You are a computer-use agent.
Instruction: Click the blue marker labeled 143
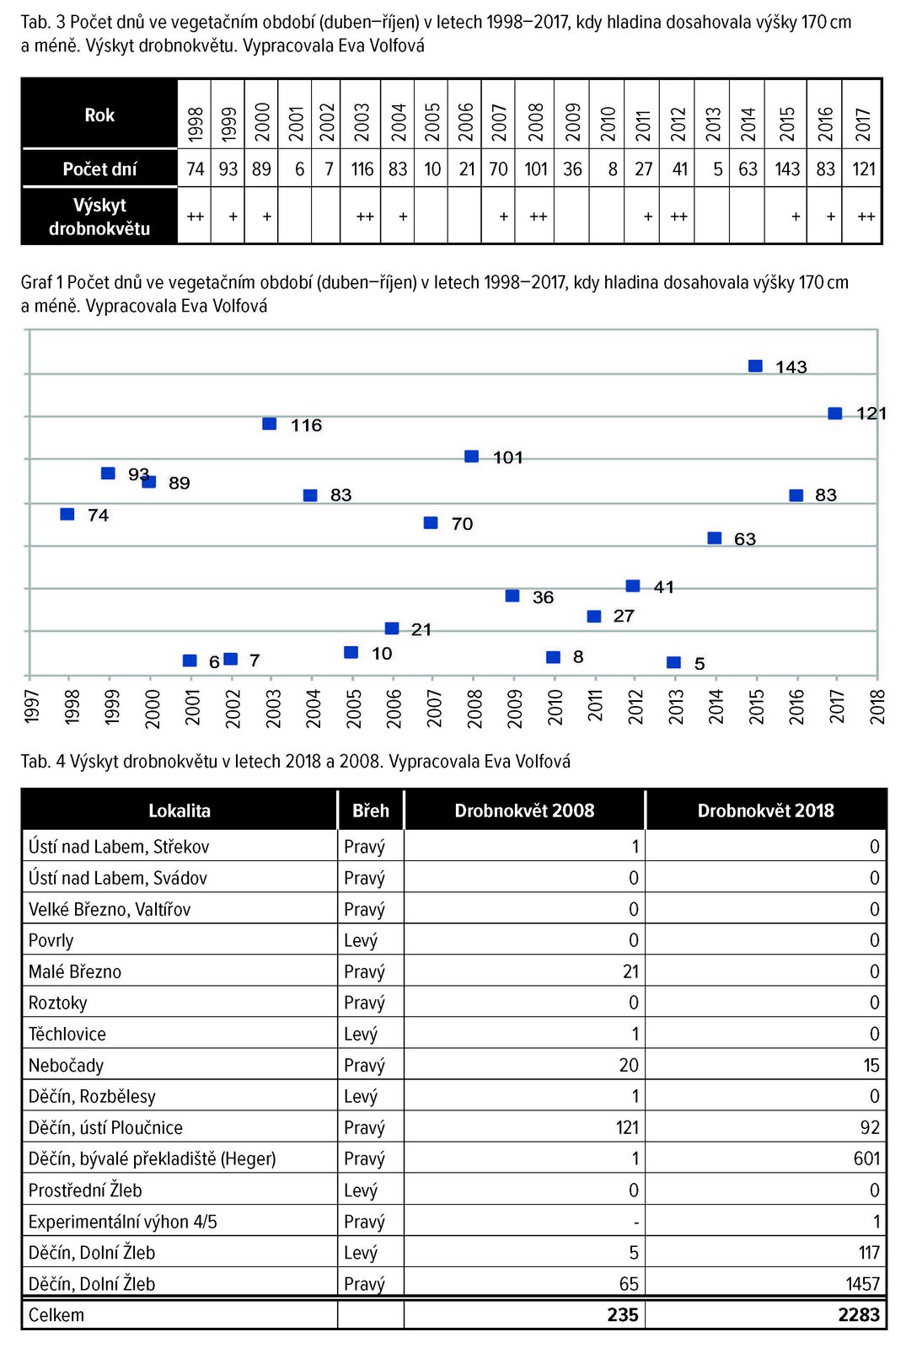[x=755, y=366]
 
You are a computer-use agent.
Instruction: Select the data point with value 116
[x=270, y=425]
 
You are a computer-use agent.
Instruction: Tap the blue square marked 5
[x=673, y=662]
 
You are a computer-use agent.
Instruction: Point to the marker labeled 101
[x=472, y=457]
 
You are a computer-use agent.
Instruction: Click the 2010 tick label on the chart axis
[x=555, y=706]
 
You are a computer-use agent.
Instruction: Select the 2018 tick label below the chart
[x=877, y=706]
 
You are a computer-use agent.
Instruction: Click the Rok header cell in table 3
[x=99, y=115]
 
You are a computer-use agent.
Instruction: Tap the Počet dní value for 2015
[x=787, y=169]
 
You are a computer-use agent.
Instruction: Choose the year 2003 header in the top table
[x=362, y=122]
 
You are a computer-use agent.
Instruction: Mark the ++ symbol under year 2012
[x=678, y=217]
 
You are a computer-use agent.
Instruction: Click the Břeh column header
[x=371, y=810]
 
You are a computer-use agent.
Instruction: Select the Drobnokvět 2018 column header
[x=766, y=810]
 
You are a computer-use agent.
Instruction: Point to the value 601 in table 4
[x=867, y=1158]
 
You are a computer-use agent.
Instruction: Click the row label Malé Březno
[x=75, y=971]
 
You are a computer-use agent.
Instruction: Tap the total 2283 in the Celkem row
[x=859, y=1315]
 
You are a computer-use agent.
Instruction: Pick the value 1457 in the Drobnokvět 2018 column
[x=863, y=1284]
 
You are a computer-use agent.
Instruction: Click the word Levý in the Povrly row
[x=361, y=940]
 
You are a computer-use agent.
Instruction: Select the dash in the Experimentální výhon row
[x=635, y=1222]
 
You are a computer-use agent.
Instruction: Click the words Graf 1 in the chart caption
[x=41, y=282]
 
